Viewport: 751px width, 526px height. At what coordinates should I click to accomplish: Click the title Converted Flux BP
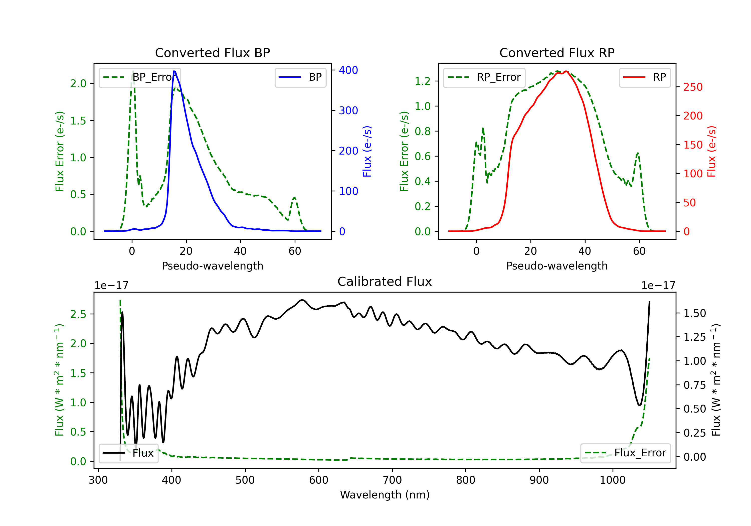pyautogui.click(x=212, y=53)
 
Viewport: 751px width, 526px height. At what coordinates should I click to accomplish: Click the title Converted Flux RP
pyautogui.click(x=557, y=53)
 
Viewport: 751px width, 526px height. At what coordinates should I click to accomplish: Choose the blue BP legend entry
pyautogui.click(x=300, y=77)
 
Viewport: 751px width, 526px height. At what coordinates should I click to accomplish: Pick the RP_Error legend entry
pyautogui.click(x=484, y=77)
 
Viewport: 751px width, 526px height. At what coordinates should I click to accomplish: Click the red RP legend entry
pyautogui.click(x=645, y=77)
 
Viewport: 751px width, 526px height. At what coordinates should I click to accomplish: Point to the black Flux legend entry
pyautogui.click(x=128, y=453)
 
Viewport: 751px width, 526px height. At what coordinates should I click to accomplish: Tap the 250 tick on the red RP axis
pyautogui.click(x=693, y=87)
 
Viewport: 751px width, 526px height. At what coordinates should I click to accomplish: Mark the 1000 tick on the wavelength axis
pyautogui.click(x=612, y=480)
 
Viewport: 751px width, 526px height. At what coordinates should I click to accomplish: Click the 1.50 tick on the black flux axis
pyautogui.click(x=695, y=313)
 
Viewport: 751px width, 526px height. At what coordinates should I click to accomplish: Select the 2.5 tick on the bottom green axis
pyautogui.click(x=78, y=314)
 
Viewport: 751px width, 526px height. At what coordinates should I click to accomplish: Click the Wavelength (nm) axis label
pyautogui.click(x=385, y=495)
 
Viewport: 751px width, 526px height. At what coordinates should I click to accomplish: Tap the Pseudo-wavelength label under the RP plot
pyautogui.click(x=557, y=266)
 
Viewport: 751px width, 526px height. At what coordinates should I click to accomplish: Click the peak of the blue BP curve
pyautogui.click(x=174, y=71)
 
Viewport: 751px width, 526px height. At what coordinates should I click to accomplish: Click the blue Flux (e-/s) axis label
pyautogui.click(x=367, y=152)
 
